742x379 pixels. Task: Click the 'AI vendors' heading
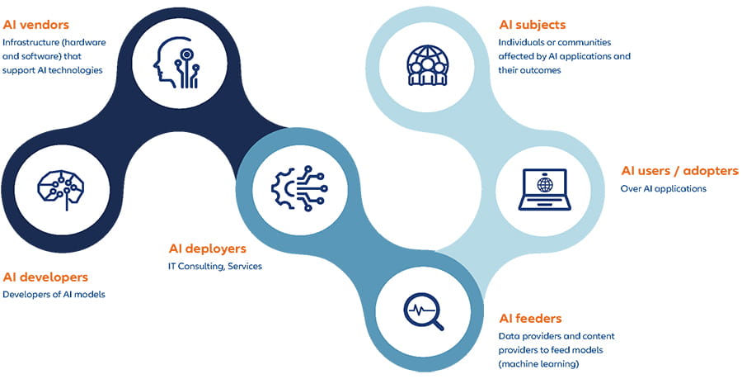(x=35, y=25)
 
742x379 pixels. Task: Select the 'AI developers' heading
(x=45, y=277)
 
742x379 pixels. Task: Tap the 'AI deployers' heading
(x=207, y=249)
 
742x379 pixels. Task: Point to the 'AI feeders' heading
(x=530, y=318)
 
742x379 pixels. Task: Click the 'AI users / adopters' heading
(x=679, y=171)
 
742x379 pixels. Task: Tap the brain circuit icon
(x=61, y=187)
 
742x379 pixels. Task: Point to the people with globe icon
(x=427, y=64)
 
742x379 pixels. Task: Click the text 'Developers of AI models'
(x=54, y=295)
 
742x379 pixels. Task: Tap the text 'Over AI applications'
(x=663, y=188)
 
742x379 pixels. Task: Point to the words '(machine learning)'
(x=539, y=363)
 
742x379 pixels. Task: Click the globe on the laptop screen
(x=545, y=183)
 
